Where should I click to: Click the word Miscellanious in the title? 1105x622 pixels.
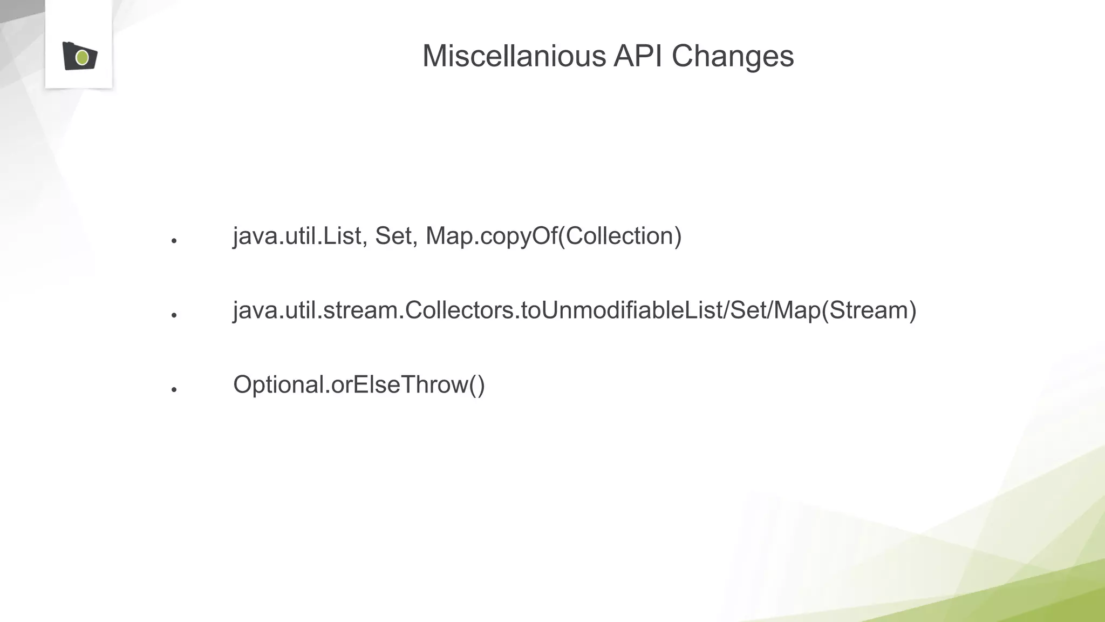[514, 56]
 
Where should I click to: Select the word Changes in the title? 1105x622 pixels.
[732, 56]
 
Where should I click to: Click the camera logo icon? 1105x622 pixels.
[79, 56]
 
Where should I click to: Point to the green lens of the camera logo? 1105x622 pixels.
[83, 57]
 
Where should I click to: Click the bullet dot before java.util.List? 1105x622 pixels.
[174, 241]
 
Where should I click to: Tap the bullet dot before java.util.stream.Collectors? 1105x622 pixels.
[174, 315]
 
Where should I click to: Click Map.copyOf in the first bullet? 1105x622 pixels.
[491, 236]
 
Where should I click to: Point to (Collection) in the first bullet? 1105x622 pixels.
[619, 236]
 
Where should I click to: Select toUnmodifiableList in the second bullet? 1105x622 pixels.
[623, 310]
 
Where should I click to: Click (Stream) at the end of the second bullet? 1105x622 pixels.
[869, 310]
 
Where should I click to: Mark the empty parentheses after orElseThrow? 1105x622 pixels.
[477, 385]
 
